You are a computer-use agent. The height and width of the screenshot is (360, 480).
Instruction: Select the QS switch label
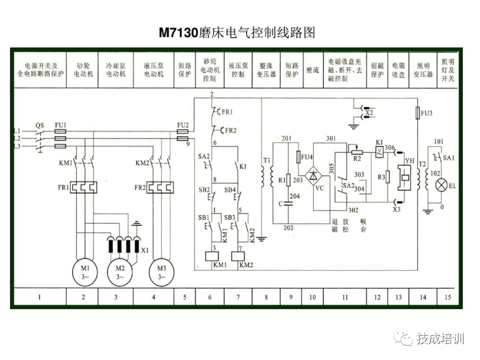click(x=40, y=125)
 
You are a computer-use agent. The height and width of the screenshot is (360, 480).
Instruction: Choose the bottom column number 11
click(x=345, y=297)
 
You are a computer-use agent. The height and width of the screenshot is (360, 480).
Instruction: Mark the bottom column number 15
click(x=447, y=297)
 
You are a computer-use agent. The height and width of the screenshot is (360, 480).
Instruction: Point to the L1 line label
click(x=17, y=131)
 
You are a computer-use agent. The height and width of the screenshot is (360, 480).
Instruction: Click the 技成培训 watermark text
click(x=440, y=338)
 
